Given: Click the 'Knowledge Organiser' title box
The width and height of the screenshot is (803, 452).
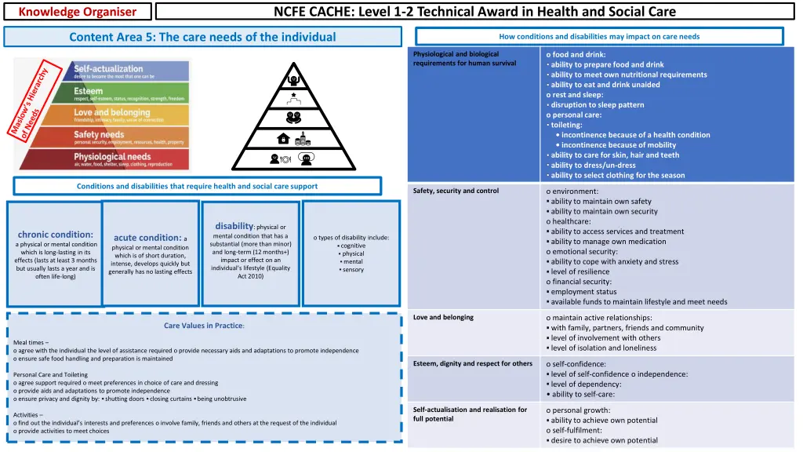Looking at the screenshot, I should (x=77, y=11).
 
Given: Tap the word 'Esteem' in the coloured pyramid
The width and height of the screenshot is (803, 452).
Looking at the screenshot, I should (x=88, y=92).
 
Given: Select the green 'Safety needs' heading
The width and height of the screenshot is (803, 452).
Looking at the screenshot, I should (x=100, y=135).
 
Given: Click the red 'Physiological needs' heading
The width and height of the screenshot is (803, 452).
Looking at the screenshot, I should (x=113, y=157).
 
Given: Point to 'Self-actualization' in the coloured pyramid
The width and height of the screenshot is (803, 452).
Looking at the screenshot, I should (x=108, y=69).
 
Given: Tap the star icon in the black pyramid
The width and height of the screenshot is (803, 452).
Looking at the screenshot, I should (x=294, y=96).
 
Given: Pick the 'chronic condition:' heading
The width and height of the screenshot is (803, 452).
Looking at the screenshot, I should (x=56, y=234).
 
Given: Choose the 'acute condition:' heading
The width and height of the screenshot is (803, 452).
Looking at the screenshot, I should (x=147, y=238).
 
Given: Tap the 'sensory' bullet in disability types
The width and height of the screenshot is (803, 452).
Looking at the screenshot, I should (x=352, y=269).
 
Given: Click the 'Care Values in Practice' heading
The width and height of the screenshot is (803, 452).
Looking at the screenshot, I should (x=204, y=326).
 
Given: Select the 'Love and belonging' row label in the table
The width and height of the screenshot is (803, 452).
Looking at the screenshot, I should (x=443, y=317).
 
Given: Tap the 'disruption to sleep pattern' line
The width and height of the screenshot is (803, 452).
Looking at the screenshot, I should (x=597, y=104).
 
